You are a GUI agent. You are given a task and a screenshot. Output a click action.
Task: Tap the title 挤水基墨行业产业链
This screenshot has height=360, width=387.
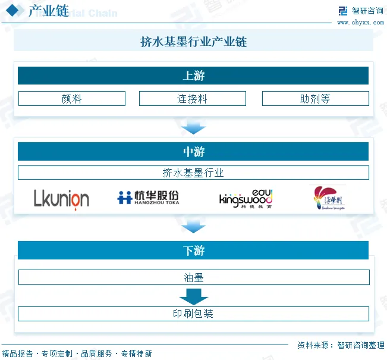click(193, 42)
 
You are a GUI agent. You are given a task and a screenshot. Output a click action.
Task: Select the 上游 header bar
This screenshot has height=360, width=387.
click(193, 76)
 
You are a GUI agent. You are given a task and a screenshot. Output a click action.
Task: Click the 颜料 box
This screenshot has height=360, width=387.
click(72, 99)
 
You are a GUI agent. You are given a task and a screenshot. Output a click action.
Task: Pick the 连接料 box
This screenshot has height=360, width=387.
click(192, 99)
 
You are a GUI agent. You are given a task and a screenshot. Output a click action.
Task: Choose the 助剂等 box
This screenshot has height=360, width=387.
click(315, 99)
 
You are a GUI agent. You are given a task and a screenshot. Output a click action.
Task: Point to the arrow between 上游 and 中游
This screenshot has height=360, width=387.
click(193, 127)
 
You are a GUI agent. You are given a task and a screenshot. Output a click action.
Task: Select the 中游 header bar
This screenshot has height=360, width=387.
click(193, 152)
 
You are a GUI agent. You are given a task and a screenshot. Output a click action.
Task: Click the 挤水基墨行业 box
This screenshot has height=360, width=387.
click(193, 173)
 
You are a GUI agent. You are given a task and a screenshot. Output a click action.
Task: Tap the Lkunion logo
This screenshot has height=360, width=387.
click(61, 199)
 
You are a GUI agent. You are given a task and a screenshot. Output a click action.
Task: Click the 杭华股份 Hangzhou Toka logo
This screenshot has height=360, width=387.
click(148, 198)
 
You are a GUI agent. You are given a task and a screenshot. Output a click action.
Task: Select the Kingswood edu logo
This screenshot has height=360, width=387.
click(246, 198)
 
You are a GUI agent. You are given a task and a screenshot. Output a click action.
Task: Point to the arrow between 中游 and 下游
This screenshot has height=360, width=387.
click(193, 226)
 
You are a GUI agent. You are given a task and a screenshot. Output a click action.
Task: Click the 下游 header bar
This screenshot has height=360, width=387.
click(193, 251)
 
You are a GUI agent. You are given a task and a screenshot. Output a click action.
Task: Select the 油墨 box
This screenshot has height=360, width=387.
click(193, 277)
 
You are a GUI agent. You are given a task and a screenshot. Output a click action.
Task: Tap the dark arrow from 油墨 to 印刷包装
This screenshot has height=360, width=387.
click(193, 296)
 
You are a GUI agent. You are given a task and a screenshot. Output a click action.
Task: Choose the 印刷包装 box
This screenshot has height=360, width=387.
click(193, 314)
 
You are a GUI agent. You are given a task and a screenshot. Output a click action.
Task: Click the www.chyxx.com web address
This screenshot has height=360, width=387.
click(361, 23)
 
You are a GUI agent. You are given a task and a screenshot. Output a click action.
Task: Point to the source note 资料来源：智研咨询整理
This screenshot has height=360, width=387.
click(341, 345)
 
